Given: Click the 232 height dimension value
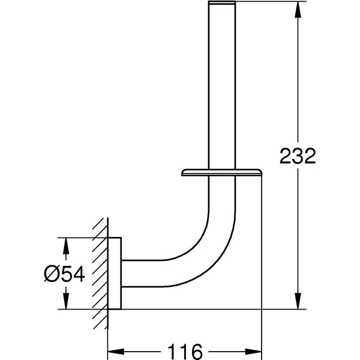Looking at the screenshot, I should coord(298,157).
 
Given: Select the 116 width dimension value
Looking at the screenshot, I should coord(184,350).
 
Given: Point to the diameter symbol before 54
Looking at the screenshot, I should coord(52,274).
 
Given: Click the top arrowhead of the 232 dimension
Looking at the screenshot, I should coord(297,7).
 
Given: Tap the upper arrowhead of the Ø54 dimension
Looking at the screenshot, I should coord(67,243).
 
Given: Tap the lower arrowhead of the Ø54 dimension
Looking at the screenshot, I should coord(67,304).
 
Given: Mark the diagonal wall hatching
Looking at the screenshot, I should coord(100,273).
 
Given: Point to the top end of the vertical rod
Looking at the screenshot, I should coord(222,4).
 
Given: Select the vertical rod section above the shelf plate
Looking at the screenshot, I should coord(222,90).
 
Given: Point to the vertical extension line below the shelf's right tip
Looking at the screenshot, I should coord(262,252).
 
